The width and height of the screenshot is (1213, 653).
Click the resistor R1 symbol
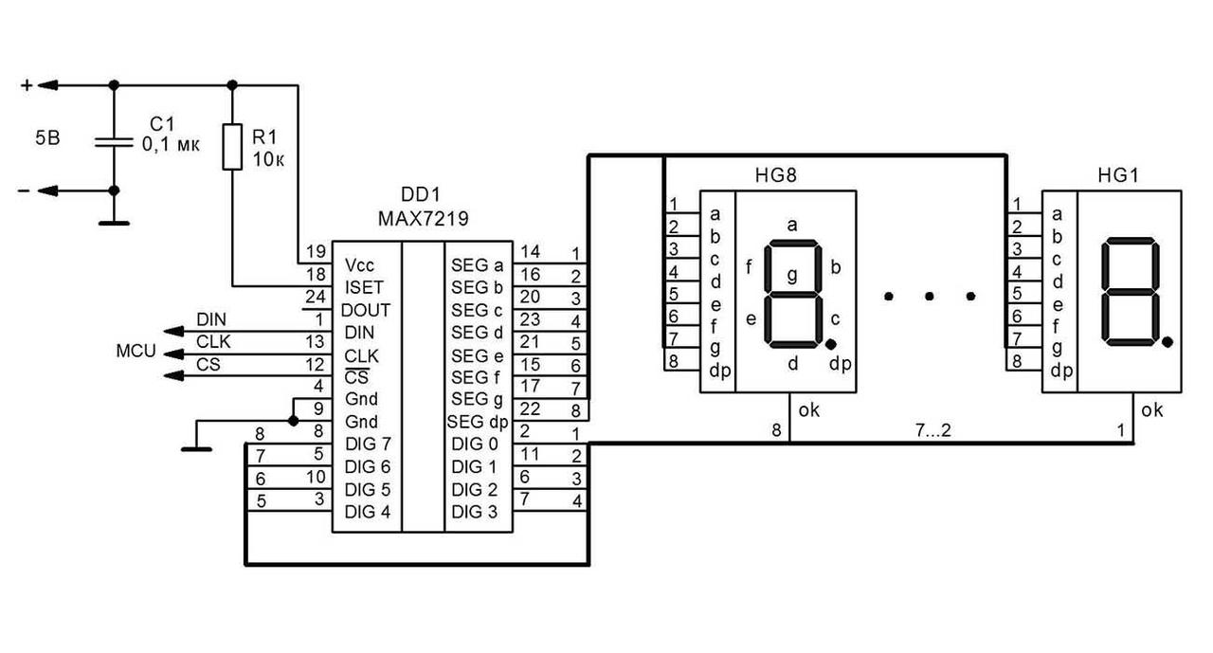pos(232,146)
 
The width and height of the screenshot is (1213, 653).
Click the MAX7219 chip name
pos(423,219)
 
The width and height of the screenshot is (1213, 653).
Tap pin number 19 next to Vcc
pos(316,252)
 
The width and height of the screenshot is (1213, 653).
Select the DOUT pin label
pos(366,310)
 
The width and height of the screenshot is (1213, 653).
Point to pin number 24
pos(316,297)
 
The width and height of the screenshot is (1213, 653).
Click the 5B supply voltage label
pos(47,138)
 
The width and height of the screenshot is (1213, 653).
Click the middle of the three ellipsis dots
pos(929,297)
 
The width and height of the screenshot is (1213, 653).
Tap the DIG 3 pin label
pos(474,513)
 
